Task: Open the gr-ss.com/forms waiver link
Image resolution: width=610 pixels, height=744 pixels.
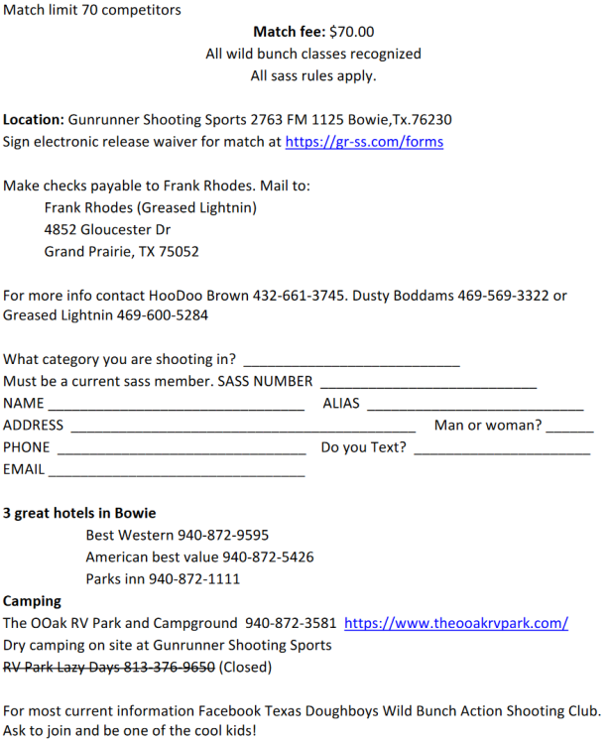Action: point(364,142)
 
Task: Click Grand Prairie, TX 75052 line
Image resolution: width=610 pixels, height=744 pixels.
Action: point(121,251)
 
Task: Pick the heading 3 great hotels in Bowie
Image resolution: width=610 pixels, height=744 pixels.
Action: point(79,514)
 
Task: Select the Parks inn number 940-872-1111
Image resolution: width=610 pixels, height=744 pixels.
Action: point(194,579)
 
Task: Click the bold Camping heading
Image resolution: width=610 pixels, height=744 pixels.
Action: point(32,601)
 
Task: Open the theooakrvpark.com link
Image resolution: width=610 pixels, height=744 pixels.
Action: point(456,624)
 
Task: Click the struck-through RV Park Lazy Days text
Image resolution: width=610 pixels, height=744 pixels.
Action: point(109,668)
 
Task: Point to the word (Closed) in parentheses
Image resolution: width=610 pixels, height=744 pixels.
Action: point(245,668)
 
